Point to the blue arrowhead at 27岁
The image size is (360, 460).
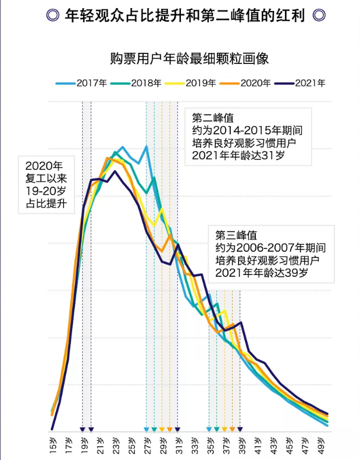click(x=147, y=430)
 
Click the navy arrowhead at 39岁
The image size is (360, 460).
click(x=240, y=430)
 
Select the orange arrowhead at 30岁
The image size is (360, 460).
click(x=170, y=430)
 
